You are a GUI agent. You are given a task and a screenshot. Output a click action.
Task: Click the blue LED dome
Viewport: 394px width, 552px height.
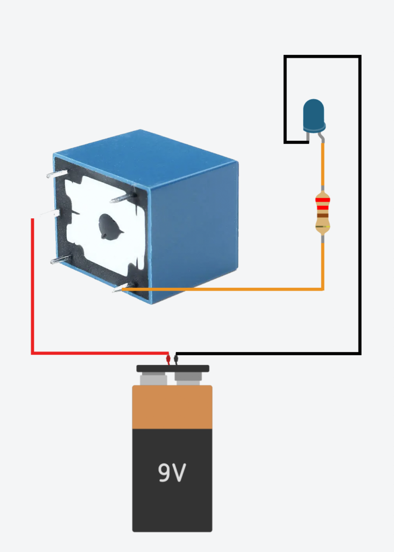[314, 114]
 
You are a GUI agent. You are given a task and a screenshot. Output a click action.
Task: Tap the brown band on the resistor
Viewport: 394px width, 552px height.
[322, 215]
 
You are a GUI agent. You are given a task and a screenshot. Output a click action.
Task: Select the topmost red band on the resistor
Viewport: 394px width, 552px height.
[322, 200]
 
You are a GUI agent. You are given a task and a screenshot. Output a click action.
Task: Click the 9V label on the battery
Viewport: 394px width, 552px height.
[172, 473]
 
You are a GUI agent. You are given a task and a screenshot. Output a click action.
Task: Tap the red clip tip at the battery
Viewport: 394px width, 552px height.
[168, 359]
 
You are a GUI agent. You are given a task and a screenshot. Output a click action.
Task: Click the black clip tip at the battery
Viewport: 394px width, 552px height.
[176, 359]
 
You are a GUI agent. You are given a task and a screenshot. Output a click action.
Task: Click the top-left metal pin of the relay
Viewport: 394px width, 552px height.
[56, 174]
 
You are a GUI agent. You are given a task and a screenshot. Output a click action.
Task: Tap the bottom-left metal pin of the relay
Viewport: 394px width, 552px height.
[59, 260]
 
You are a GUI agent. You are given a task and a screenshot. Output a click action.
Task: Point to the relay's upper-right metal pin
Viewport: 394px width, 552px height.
[121, 199]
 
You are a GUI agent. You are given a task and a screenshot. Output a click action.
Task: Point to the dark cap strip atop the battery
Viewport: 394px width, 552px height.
[172, 369]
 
